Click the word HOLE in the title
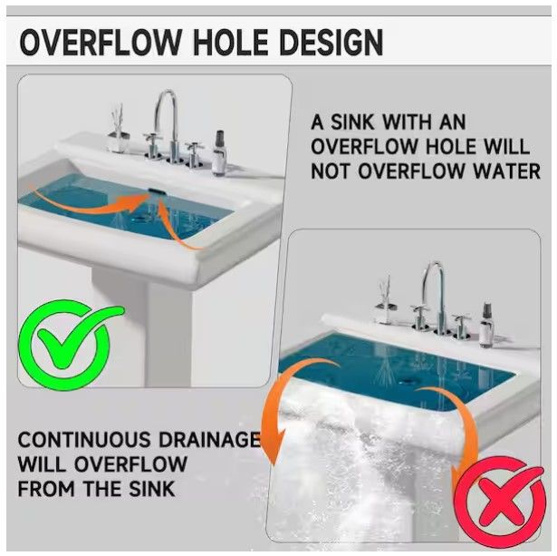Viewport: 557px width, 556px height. pos(230,42)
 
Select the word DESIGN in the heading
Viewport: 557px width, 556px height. pos(331,42)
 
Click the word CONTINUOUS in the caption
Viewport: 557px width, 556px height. pos(84,440)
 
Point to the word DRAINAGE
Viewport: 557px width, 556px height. pos(209,440)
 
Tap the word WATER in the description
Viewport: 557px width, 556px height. pos(507,171)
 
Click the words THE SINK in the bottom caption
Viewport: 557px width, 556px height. pos(129,489)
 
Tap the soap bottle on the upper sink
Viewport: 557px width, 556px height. pos(219,153)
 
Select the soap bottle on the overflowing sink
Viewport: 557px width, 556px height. pos(486,325)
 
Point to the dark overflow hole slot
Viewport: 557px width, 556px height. pos(157,192)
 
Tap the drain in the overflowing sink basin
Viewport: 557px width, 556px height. pos(406,382)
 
